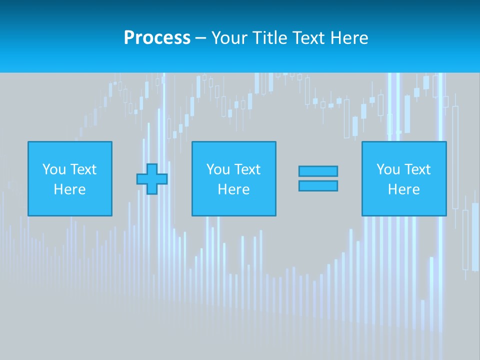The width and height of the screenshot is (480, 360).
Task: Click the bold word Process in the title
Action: (157, 38)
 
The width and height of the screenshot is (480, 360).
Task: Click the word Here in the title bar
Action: (349, 38)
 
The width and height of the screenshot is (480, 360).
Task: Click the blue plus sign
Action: (152, 179)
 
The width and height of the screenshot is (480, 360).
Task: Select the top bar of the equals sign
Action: (318, 171)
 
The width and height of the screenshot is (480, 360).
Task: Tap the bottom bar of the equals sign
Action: (318, 186)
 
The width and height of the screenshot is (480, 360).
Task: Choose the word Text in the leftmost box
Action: (83, 169)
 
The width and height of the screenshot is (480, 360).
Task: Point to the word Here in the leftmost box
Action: (69, 189)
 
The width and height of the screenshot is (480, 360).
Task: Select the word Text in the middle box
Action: (247, 169)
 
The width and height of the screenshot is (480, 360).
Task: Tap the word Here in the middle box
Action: (233, 189)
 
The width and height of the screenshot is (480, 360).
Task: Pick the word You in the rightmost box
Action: (388, 169)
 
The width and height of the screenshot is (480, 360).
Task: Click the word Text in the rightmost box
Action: (417, 169)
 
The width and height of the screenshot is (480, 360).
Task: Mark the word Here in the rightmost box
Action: (403, 189)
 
